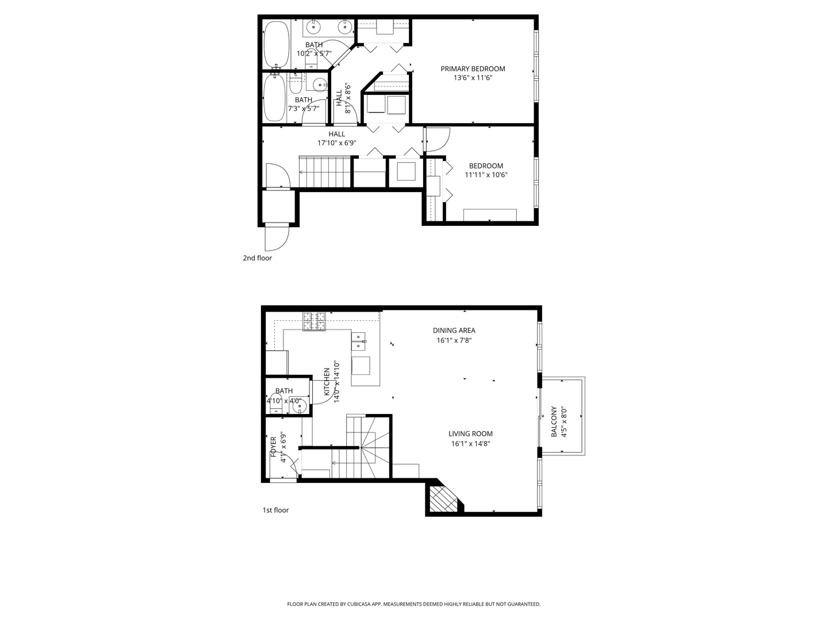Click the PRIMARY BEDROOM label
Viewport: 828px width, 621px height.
tap(473, 69)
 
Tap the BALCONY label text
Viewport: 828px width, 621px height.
tap(554, 422)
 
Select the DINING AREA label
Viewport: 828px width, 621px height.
tap(454, 331)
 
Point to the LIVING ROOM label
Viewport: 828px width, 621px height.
tap(470, 434)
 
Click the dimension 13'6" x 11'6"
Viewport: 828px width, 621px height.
tap(473, 78)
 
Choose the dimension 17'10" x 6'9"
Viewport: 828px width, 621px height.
tap(337, 143)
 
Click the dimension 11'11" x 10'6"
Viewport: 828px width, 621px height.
tap(486, 175)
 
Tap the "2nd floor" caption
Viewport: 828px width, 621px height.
tap(257, 258)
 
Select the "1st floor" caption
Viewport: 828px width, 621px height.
tap(275, 510)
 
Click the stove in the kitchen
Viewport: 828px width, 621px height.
tap(315, 321)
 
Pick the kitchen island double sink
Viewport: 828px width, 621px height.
tap(358, 341)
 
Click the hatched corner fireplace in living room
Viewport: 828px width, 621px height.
tap(443, 499)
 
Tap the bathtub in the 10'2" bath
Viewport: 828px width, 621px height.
tap(277, 45)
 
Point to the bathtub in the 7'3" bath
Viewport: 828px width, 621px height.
tap(274, 98)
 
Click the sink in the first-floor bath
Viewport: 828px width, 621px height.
tap(300, 407)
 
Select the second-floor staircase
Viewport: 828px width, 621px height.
tap(324, 171)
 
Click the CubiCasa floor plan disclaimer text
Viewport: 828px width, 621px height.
tap(413, 604)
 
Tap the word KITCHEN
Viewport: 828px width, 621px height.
tap(327, 381)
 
